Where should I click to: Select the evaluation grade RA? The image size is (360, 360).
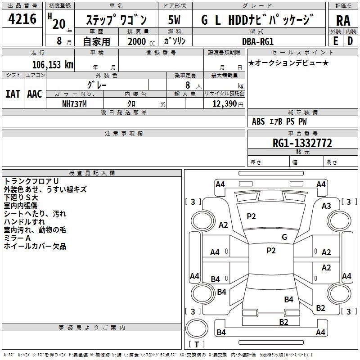343,20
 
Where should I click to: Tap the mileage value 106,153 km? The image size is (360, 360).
53,64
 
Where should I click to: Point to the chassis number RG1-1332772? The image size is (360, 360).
302,143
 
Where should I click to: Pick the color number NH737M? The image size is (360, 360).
74,104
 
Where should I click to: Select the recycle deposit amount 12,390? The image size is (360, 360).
224,104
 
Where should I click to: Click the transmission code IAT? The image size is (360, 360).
13,94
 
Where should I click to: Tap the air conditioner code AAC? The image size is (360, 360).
34,94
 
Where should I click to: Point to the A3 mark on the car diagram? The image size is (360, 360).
326,206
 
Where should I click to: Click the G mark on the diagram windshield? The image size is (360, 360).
284,237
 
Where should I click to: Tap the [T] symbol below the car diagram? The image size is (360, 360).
197,345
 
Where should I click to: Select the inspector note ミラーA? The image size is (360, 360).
17,238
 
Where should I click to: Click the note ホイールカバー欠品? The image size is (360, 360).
35,246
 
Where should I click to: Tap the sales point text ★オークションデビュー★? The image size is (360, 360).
288,63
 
